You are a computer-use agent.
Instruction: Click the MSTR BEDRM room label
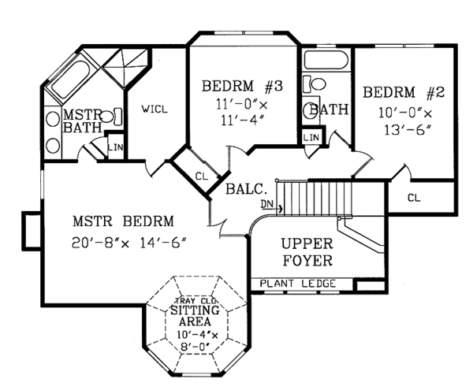point(121,221)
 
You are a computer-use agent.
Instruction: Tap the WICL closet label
point(155,109)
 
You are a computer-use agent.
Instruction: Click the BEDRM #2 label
point(404,93)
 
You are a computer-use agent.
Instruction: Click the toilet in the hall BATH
point(317,84)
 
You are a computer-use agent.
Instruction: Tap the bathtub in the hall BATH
point(324,61)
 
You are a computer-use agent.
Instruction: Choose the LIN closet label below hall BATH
point(311,138)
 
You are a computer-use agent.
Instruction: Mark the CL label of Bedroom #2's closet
point(414,197)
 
